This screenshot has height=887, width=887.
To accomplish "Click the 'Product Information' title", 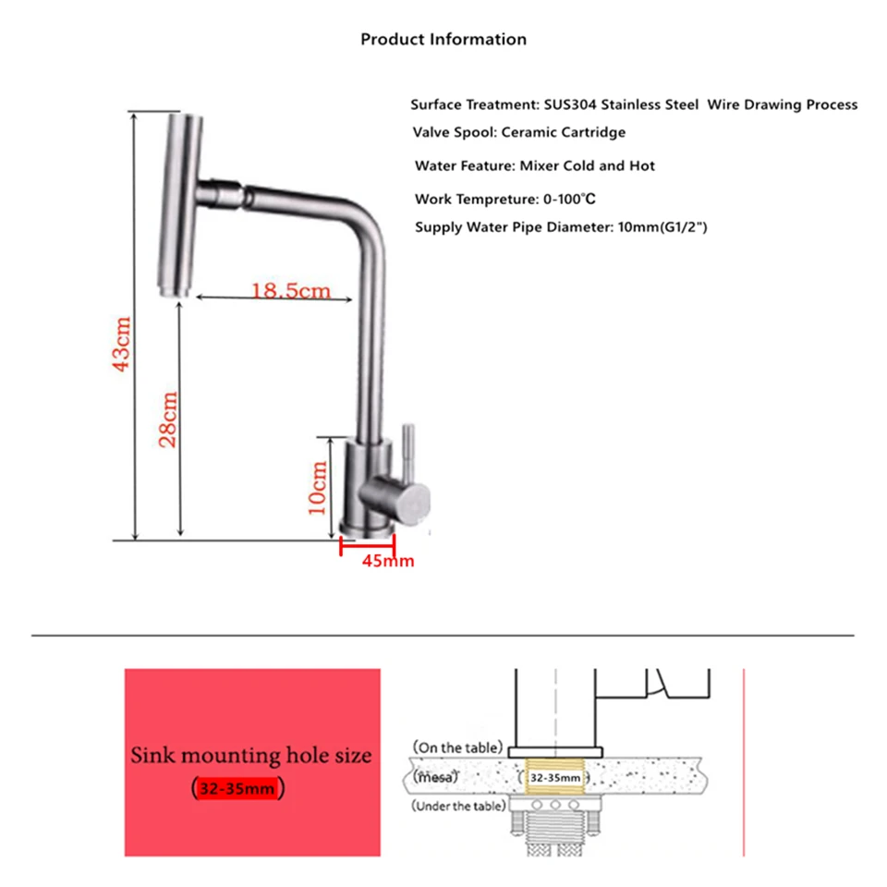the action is pyautogui.click(x=443, y=39).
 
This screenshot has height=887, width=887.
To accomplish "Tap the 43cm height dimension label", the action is pyautogui.click(x=122, y=344).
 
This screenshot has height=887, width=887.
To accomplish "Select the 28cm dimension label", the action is pyautogui.click(x=168, y=419).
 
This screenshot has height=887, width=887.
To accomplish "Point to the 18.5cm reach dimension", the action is pyautogui.click(x=290, y=291).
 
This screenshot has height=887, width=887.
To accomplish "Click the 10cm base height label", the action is pyautogui.click(x=317, y=487).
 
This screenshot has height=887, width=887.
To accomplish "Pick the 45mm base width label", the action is pyautogui.click(x=388, y=561).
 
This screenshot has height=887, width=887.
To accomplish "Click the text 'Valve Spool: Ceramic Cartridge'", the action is pyautogui.click(x=518, y=132).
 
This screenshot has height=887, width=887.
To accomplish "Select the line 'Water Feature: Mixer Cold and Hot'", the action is pyautogui.click(x=535, y=165).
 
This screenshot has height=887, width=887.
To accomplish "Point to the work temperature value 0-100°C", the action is pyautogui.click(x=569, y=200).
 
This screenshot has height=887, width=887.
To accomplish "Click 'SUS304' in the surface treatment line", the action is pyautogui.click(x=570, y=104).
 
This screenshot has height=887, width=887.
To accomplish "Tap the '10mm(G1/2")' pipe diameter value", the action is pyautogui.click(x=662, y=227).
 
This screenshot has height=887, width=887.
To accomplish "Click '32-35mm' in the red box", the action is pyautogui.click(x=237, y=788).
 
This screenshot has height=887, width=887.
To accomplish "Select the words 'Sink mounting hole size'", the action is pyautogui.click(x=251, y=755).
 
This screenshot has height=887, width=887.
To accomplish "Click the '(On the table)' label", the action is pyautogui.click(x=457, y=747).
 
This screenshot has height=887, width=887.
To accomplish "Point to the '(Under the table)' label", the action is pyautogui.click(x=459, y=806).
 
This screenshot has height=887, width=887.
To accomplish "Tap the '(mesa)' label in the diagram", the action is pyautogui.click(x=435, y=777).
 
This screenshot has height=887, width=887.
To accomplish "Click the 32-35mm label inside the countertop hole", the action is pyautogui.click(x=555, y=778).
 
